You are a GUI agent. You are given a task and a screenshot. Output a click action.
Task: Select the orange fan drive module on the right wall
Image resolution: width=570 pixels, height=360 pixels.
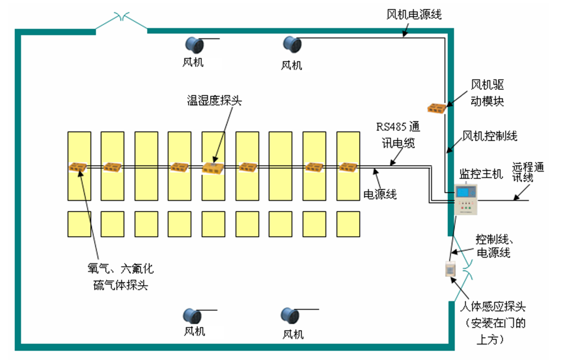(438, 108)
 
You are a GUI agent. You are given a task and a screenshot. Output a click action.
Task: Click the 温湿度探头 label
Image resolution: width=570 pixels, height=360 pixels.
(215, 101)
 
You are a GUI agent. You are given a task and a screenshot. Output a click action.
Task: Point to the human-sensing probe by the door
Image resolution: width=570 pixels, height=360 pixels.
(449, 270)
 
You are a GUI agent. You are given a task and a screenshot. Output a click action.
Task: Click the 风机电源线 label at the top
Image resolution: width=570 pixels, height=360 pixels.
(414, 14)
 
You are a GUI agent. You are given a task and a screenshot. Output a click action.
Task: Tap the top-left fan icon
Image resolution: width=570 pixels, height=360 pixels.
(194, 45)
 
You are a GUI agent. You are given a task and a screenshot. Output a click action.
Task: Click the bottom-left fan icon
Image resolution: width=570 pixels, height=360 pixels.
(193, 316)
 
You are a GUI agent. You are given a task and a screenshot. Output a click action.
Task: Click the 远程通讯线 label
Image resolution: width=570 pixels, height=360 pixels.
(528, 173)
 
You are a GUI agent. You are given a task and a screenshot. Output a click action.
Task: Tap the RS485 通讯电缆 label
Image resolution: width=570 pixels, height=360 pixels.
(395, 135)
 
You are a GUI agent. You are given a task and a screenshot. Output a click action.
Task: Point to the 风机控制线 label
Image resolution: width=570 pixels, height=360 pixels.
(489, 137)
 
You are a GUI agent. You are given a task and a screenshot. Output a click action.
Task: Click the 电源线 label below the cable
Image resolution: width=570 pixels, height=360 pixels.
(380, 194)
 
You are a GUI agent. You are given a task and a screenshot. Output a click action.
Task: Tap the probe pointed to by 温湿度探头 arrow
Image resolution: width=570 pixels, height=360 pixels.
(213, 168)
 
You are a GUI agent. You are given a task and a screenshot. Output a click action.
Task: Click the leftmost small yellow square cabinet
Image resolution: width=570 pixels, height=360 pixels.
(79, 223)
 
